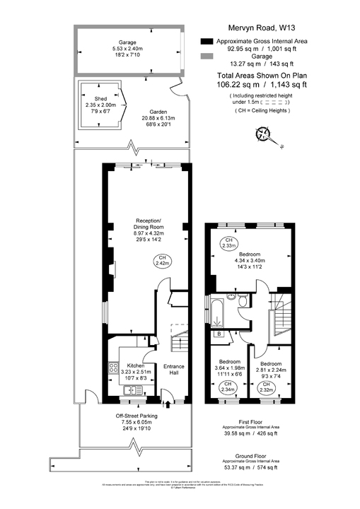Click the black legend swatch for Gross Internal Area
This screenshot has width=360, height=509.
(x=207, y=42)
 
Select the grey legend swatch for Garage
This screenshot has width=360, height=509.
(x=207, y=57)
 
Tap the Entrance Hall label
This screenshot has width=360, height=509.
(x=174, y=370)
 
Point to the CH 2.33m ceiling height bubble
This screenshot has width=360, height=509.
(x=229, y=244)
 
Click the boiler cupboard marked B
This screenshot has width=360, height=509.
(x=220, y=333)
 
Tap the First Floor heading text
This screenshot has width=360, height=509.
(x=250, y=422)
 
